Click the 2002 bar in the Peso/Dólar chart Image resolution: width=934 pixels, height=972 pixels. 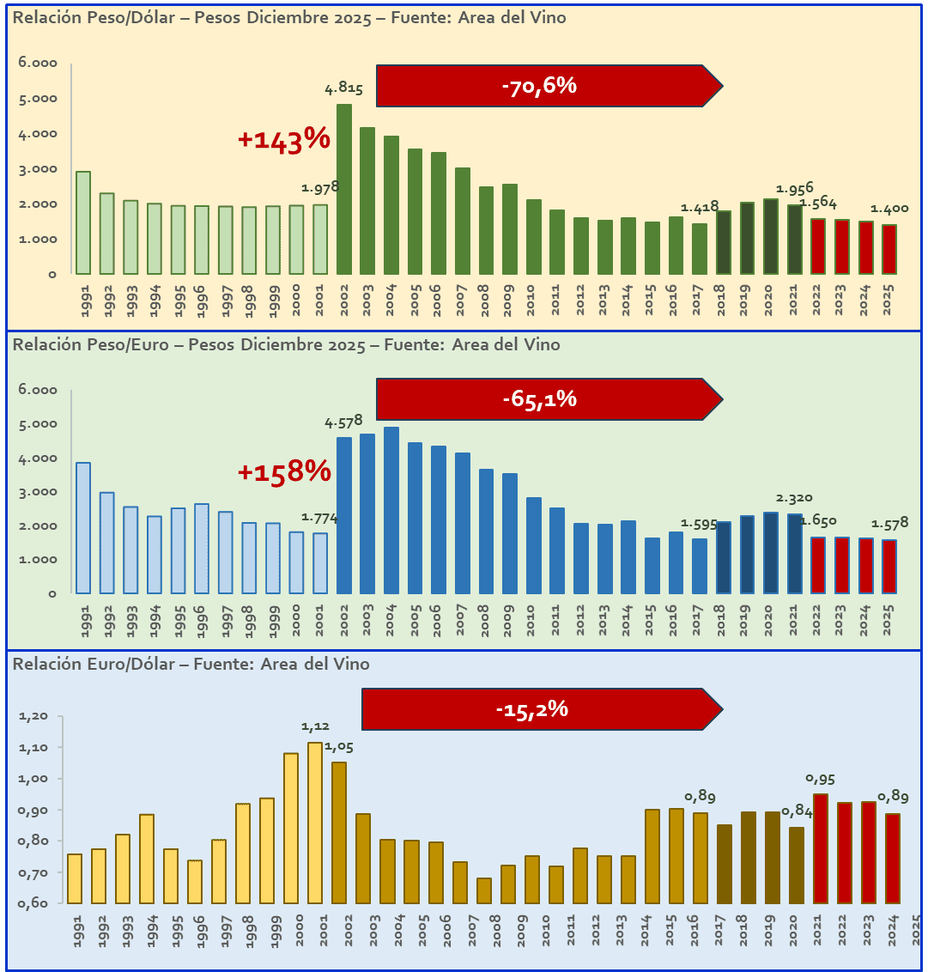[x=344, y=189]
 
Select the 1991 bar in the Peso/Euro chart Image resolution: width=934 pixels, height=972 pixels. [x=83, y=528]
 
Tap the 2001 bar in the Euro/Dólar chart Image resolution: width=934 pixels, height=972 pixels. [x=315, y=823]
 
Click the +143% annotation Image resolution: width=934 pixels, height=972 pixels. [x=283, y=139]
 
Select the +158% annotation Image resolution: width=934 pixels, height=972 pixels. [x=283, y=471]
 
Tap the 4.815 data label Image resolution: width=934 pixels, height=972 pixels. [x=343, y=88]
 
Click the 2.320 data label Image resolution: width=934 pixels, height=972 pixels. [x=793, y=497]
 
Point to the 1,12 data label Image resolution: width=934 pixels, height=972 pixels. [x=315, y=726]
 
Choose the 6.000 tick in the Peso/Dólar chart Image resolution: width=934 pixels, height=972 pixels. [x=38, y=64]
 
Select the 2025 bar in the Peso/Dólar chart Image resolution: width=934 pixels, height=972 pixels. [x=888, y=249]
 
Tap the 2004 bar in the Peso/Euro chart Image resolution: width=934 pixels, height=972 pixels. [x=391, y=510]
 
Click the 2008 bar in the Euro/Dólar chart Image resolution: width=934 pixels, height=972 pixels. [x=484, y=890]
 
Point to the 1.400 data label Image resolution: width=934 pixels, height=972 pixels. [x=889, y=209]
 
